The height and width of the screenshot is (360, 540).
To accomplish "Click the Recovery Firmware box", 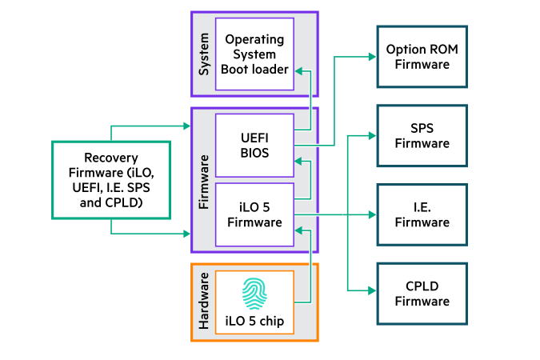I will (x=111, y=180).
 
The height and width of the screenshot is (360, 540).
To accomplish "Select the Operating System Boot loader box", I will (x=255, y=54).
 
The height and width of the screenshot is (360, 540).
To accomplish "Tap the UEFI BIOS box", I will (x=255, y=145).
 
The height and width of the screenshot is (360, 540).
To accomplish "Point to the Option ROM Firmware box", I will (x=422, y=56).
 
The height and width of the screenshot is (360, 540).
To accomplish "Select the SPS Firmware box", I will (x=422, y=135).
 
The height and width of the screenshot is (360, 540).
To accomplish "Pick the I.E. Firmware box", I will (x=422, y=214).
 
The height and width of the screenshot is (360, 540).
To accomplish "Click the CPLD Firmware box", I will (x=422, y=293).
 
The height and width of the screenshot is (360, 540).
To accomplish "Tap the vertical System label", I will (x=203, y=54).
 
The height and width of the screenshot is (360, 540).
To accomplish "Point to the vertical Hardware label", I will (x=203, y=302).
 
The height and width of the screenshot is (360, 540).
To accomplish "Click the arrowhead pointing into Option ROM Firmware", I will (x=372, y=56).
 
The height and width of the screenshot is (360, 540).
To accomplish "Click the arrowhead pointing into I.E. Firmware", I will (x=372, y=214).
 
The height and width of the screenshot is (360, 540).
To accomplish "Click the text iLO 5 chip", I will (x=255, y=322).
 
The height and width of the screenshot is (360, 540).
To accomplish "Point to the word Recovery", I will (x=111, y=158).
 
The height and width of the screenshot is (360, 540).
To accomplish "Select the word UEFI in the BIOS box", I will (x=255, y=137).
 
